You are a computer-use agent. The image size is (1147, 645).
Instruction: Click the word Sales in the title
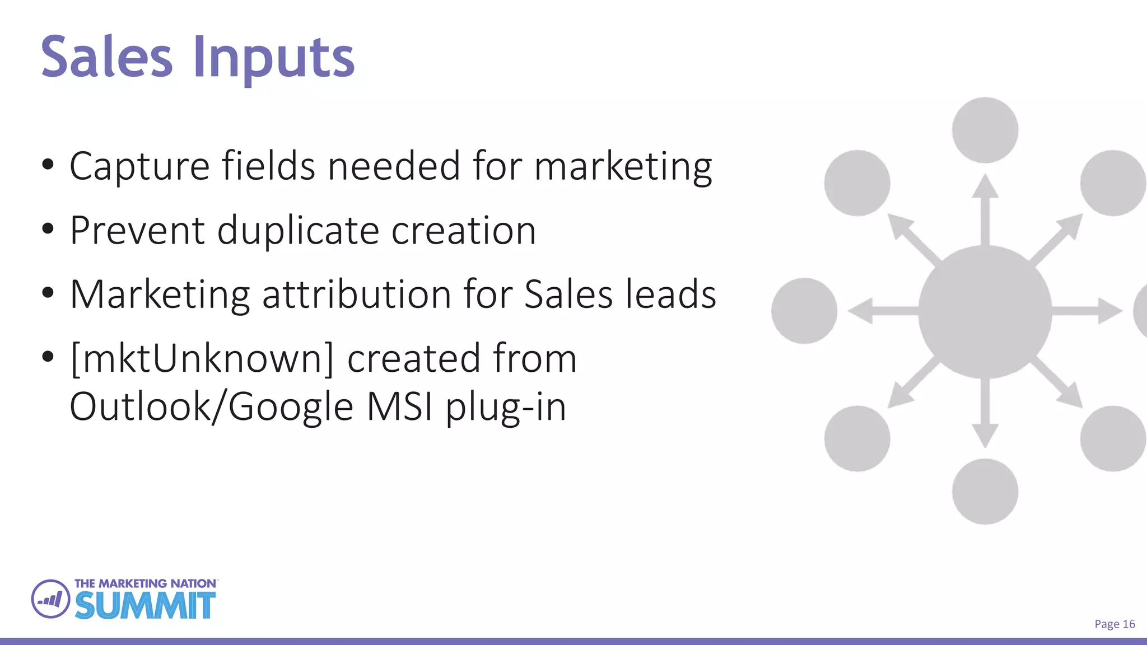[106, 57]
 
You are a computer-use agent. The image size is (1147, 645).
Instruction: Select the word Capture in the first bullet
[139, 167]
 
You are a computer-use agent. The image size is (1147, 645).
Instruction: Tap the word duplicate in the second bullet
[298, 231]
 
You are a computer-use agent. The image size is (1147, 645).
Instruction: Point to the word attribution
[356, 295]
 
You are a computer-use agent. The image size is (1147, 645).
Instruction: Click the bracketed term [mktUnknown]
[202, 359]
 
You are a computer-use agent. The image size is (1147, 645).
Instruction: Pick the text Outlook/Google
[212, 407]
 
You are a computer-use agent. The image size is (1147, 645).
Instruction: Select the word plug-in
[506, 407]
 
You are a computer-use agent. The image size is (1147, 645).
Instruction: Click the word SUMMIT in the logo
[145, 606]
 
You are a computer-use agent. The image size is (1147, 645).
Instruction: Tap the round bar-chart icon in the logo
[50, 599]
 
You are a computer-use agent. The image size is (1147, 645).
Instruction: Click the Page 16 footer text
[1115, 624]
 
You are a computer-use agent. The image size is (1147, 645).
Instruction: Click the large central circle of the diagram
[985, 312]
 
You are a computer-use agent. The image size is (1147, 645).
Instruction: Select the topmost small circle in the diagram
[985, 130]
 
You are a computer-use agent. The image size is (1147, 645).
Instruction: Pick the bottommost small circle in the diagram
[985, 492]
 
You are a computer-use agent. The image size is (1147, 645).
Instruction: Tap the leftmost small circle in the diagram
[804, 311]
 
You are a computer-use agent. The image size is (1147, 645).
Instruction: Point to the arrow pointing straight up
[985, 210]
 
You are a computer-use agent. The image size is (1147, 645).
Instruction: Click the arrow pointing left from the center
[882, 311]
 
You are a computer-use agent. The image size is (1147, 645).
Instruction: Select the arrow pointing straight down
[985, 414]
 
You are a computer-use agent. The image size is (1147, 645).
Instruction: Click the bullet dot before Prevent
[48, 228]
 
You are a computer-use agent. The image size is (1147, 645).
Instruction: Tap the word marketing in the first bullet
[623, 167]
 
